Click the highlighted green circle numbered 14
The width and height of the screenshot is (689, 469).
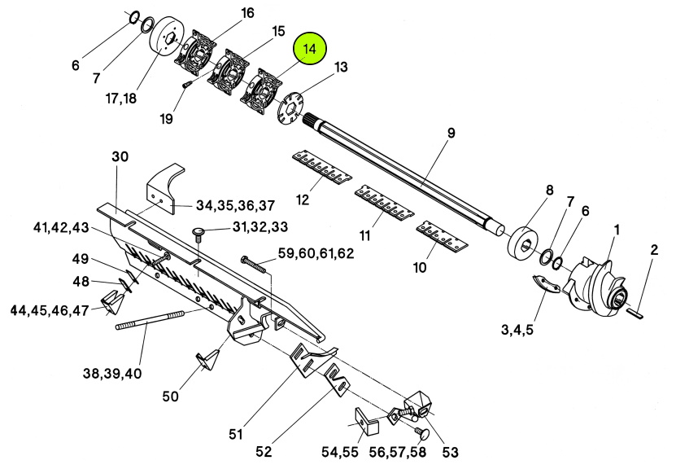pyautogui.click(x=310, y=49)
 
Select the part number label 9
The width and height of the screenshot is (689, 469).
pyautogui.click(x=449, y=133)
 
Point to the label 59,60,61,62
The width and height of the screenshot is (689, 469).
pyautogui.click(x=316, y=253)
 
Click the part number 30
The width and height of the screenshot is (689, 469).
pyautogui.click(x=120, y=157)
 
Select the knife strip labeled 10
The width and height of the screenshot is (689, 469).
pyautogui.click(x=443, y=235)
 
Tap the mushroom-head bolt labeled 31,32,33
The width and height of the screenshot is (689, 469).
pyautogui.click(x=198, y=235)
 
